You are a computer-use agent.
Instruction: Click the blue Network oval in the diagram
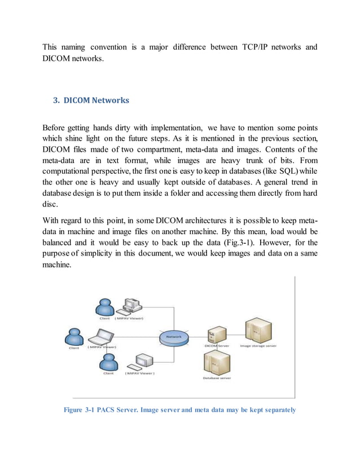click(x=173, y=337)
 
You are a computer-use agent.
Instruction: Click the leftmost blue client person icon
click(x=73, y=338)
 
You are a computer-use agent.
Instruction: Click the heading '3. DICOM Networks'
click(x=91, y=100)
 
